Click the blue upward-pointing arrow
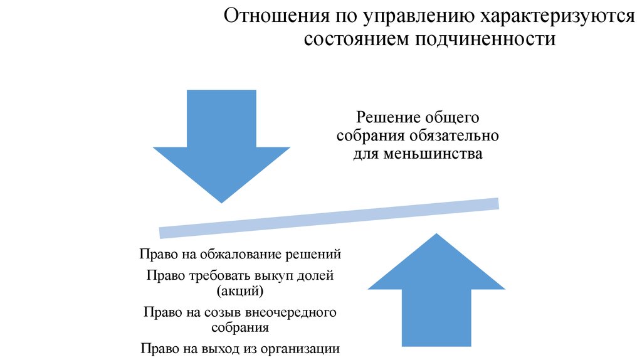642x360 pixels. point(436,291)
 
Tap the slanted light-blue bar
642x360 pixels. point(329,218)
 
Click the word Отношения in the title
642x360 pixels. point(276,16)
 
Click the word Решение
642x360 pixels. point(388,117)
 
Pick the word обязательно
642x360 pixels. point(453,136)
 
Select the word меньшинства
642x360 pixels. point(433,154)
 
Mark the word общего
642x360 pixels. point(452,118)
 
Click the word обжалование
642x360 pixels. point(240,255)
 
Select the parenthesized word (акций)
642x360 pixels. point(240,291)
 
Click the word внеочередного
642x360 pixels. point(291,312)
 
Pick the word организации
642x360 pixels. point(300,349)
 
